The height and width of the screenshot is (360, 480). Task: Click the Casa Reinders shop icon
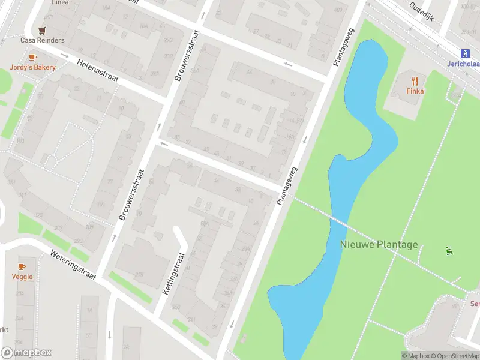(42, 30)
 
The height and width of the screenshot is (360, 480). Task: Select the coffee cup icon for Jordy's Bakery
(32, 58)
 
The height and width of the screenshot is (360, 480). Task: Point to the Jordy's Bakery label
(32, 67)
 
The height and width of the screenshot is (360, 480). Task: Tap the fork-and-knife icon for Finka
(415, 81)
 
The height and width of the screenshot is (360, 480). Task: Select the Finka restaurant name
(415, 91)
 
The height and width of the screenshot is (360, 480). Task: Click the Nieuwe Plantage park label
(379, 245)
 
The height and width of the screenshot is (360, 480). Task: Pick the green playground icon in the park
(448, 251)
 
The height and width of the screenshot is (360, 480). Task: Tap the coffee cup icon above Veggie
(22, 266)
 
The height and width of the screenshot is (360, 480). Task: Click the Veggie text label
(22, 277)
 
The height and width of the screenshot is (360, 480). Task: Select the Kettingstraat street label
(175, 273)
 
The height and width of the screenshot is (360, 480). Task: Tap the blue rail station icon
(465, 53)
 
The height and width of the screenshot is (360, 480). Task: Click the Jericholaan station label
(463, 64)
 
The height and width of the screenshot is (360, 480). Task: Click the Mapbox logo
(26, 353)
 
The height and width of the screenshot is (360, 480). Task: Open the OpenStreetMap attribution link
(454, 356)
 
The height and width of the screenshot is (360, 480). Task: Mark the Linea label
(60, 2)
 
